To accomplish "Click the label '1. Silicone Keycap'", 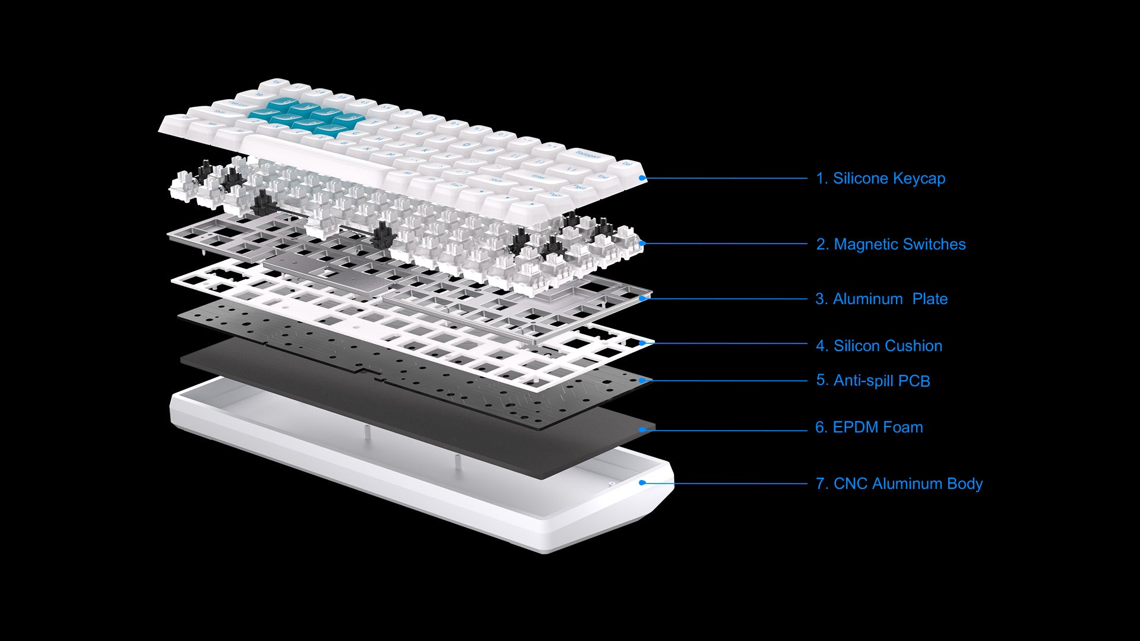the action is (x=881, y=178).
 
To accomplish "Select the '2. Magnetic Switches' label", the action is (x=891, y=244).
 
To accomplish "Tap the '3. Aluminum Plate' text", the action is (x=882, y=299).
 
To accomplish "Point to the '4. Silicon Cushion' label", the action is (x=879, y=346).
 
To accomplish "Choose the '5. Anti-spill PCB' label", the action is (x=873, y=381).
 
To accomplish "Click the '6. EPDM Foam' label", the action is (x=869, y=427).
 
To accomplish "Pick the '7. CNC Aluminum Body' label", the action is (x=899, y=484).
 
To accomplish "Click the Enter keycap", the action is (x=537, y=176).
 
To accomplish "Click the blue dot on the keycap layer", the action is (x=642, y=178).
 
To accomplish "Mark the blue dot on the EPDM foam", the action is (x=642, y=429).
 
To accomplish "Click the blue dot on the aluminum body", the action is (x=642, y=482).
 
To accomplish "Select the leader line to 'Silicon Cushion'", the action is (x=725, y=343).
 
